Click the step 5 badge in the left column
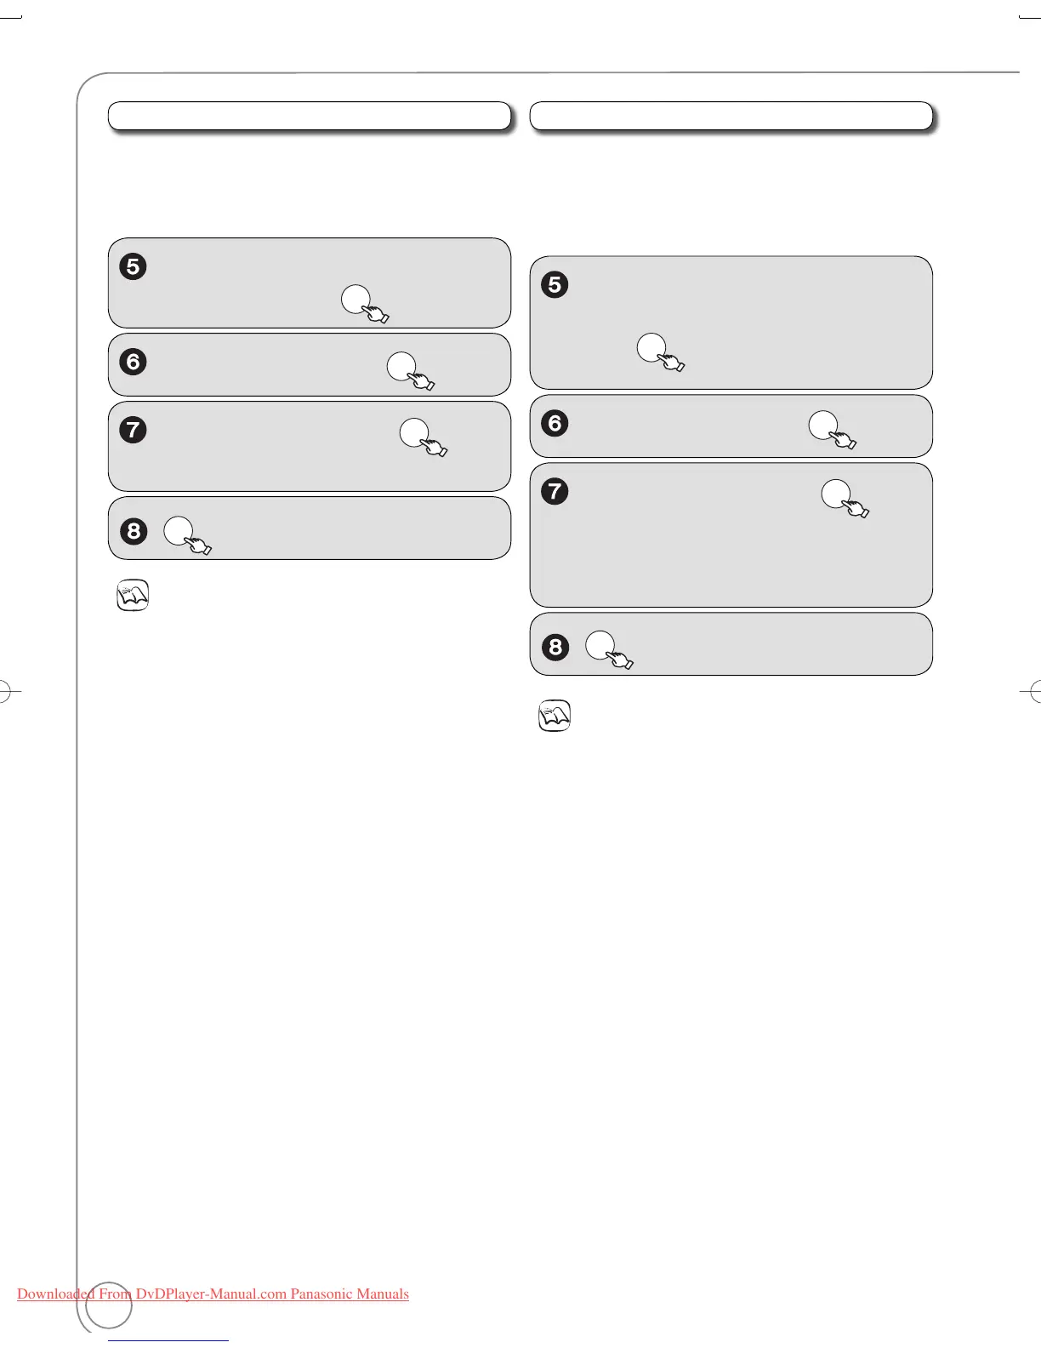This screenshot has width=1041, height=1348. pos(133,266)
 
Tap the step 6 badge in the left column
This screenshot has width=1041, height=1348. pos(133,362)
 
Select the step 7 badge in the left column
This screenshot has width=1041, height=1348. pos(133,430)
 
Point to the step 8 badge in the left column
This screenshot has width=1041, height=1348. pos(133,531)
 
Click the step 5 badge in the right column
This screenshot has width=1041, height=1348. pos(555,284)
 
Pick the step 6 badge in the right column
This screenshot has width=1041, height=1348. pos(555,423)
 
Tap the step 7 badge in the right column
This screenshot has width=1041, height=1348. pos(555,491)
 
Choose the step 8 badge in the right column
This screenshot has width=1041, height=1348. pos(555,647)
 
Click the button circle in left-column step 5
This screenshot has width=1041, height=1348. pos(356,299)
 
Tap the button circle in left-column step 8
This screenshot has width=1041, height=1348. pos(178,530)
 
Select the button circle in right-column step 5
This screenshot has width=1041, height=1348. pos(651,348)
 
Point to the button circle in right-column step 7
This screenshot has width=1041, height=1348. pos(835,494)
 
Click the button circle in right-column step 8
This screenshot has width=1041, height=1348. pos(600,645)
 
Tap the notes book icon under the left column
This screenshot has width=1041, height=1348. pos(132,596)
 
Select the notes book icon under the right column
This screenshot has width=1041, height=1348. pos(555,716)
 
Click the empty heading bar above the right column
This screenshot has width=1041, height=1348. pos(731,116)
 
